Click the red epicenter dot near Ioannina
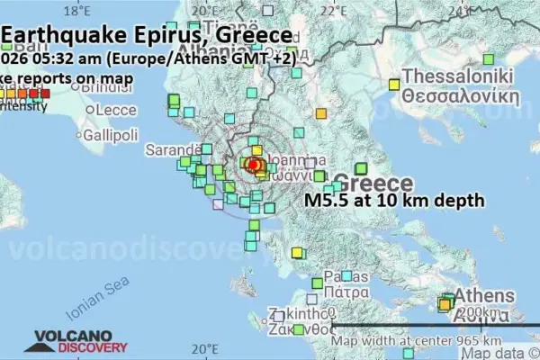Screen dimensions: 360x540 (254, 165)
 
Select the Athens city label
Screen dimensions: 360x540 (483, 295)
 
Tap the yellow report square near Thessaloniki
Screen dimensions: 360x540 (393, 84)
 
